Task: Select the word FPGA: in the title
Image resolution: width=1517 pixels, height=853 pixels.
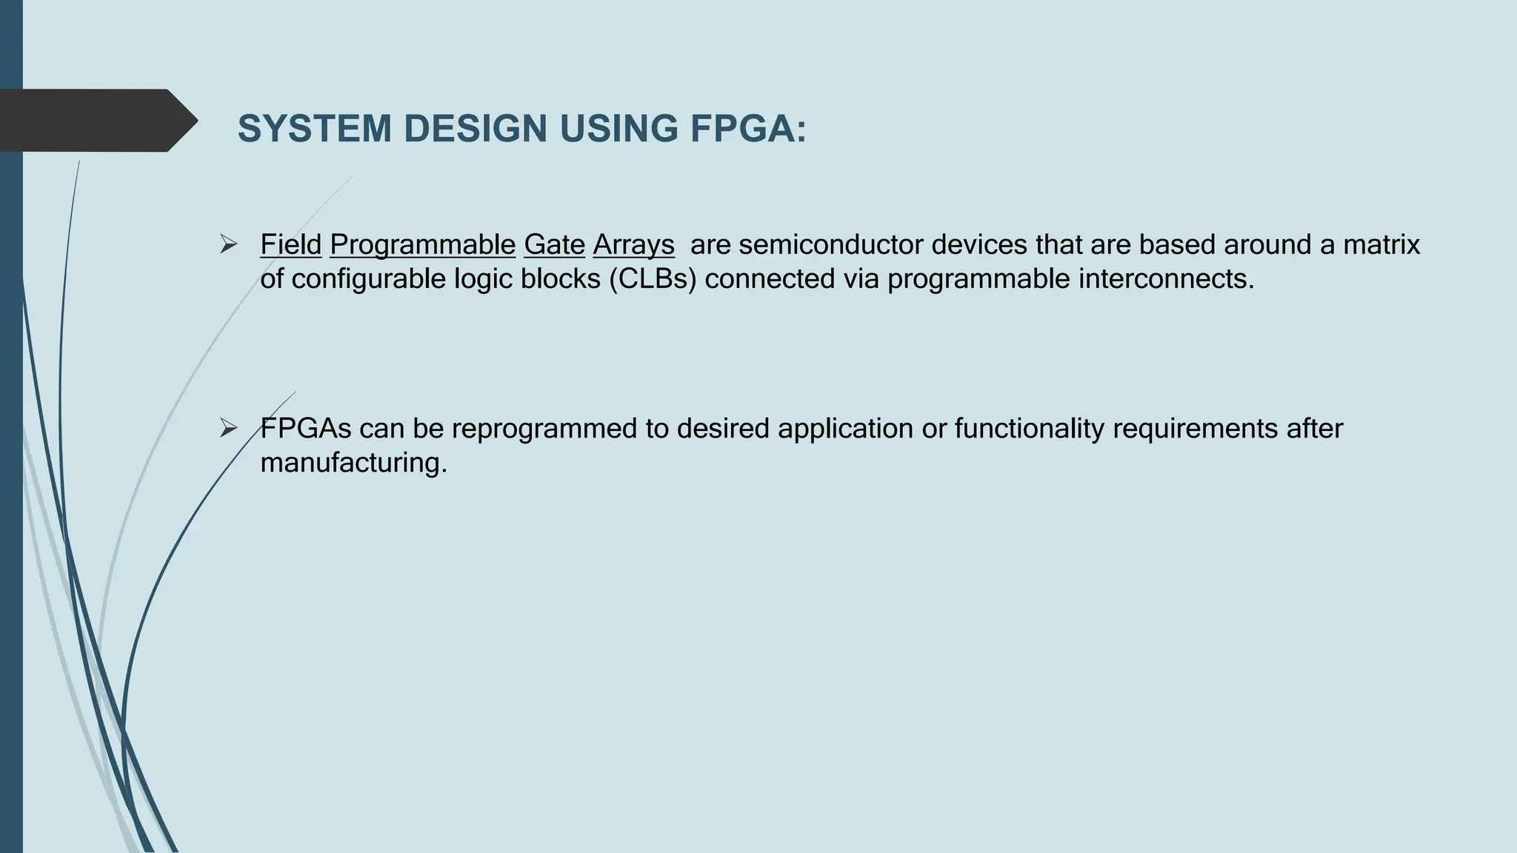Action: (748, 129)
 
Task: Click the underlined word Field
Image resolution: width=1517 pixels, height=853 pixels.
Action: (290, 244)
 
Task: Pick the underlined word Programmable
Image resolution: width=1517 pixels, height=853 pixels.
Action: (422, 244)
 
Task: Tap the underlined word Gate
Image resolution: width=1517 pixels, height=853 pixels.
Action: (554, 244)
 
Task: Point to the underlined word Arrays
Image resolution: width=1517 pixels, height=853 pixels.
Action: (633, 244)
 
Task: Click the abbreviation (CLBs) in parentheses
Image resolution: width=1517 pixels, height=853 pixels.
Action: (653, 279)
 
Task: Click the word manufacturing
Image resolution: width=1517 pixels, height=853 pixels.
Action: (354, 463)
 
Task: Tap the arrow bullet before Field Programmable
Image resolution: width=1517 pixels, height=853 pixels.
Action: (228, 244)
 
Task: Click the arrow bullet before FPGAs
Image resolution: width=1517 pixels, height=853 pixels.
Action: (228, 428)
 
